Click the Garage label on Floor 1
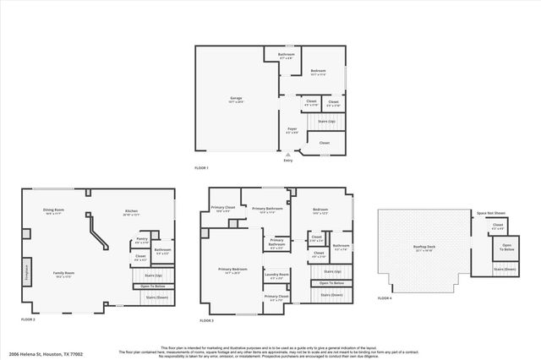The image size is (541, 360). point(236,99)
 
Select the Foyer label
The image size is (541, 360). point(292,129)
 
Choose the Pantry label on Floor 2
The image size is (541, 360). point(141,240)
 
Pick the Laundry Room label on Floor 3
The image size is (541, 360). point(276,275)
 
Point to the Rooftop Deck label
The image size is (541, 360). point(424,248)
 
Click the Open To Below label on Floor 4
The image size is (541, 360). point(506,248)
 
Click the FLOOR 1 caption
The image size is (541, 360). point(201,167)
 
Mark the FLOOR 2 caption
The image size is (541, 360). point(27,320)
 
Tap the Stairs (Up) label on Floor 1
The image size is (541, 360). point(326,122)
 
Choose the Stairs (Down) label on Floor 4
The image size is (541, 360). point(505,269)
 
